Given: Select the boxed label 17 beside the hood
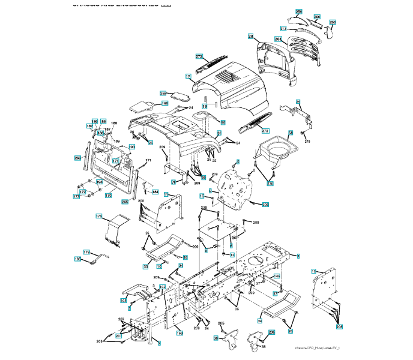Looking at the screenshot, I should pyautogui.click(x=188, y=76).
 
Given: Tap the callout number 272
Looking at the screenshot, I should pyautogui.click(x=265, y=131).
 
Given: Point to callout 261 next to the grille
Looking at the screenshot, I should pyautogui.click(x=279, y=39).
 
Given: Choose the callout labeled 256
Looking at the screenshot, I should pyautogui.click(x=299, y=12).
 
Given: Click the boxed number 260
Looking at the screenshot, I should pyautogui.click(x=318, y=17).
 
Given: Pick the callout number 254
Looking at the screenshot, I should pyautogui.click(x=333, y=22).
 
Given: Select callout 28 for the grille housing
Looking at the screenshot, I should pyautogui.click(x=251, y=37).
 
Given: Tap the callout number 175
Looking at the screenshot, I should pyautogui.click(x=100, y=215).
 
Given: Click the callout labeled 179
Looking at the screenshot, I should pyautogui.click(x=86, y=252).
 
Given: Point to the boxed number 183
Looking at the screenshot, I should pyautogui.click(x=77, y=259).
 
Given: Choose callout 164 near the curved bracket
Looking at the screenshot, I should pyautogui.click(x=124, y=300).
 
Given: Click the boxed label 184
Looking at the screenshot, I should pyautogui.click(x=155, y=192).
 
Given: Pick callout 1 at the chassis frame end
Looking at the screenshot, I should pyautogui.click(x=298, y=256).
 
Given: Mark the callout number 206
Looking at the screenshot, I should pyautogui.click(x=271, y=332).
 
